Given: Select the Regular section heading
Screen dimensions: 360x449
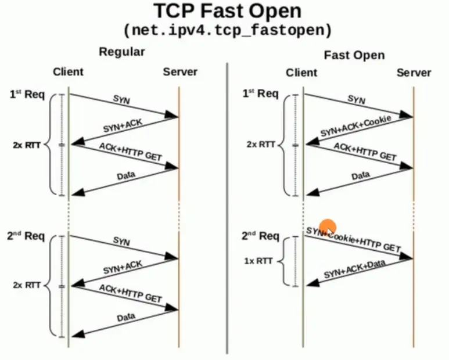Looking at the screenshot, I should coord(122,52).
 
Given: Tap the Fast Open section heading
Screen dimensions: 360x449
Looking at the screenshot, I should coord(354,55).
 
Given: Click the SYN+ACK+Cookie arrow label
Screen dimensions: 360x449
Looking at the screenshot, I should coord(355,127).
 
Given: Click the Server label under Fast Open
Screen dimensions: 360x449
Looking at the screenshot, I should coord(414,73).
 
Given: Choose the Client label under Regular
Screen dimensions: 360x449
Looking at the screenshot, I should coord(68,72).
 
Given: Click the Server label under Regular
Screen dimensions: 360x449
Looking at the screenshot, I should coord(180,72).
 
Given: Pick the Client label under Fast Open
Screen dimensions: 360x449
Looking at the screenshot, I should coord(301,73).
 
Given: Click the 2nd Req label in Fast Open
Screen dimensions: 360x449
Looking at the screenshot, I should coord(260,236).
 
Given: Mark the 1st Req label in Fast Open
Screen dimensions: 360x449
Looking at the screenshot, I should coord(260,93).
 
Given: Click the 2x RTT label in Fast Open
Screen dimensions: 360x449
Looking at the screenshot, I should coord(260,145).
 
